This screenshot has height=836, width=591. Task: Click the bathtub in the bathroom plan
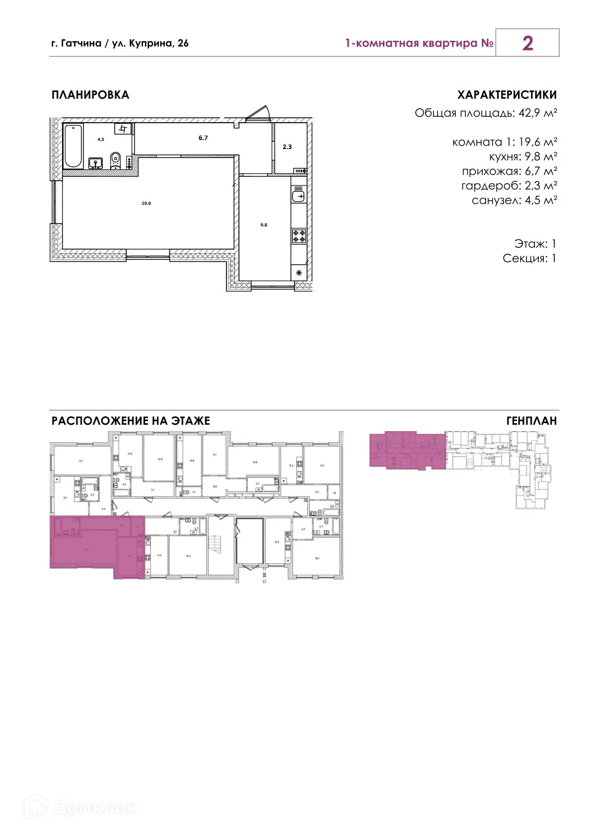(73, 146)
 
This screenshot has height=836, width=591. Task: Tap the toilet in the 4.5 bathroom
(116, 160)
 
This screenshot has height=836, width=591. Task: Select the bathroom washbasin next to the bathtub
(95, 163)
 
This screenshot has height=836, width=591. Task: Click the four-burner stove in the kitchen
(299, 236)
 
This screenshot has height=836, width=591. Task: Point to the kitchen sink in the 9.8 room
(298, 195)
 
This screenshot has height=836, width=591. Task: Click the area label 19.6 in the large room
(146, 203)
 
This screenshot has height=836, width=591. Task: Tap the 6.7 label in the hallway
(203, 138)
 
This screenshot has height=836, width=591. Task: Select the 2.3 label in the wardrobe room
(287, 147)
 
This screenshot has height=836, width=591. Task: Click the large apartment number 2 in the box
(527, 43)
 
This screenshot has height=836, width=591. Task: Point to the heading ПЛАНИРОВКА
(90, 95)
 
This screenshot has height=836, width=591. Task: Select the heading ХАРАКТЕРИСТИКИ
(507, 95)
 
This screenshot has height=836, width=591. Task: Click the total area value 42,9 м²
(537, 113)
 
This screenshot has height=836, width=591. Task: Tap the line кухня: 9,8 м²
(522, 156)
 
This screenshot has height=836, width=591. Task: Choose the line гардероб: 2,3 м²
(509, 186)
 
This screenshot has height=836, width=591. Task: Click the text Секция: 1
(529, 258)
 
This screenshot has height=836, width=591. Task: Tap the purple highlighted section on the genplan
(407, 450)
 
